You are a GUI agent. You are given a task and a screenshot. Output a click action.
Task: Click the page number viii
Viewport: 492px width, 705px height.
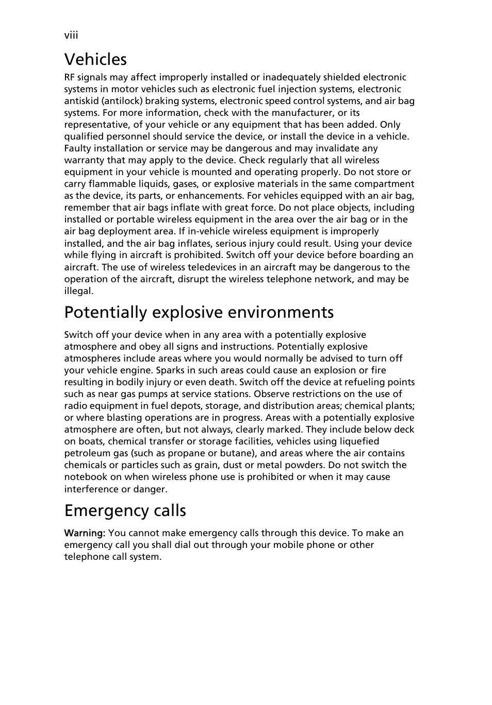71,35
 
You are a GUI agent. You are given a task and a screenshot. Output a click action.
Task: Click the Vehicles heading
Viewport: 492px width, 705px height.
95,59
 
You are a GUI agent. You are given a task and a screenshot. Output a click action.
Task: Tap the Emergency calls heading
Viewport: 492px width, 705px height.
125,510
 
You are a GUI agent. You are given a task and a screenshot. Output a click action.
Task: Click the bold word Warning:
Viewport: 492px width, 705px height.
85,533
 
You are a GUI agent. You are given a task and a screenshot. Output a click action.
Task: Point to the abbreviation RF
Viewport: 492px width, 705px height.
70,77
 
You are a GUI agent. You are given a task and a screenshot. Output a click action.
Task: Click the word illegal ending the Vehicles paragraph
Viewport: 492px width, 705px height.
78,291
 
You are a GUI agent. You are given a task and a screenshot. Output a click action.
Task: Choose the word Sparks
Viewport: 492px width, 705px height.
170,370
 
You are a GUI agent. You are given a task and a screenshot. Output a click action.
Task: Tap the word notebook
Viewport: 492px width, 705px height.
86,477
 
